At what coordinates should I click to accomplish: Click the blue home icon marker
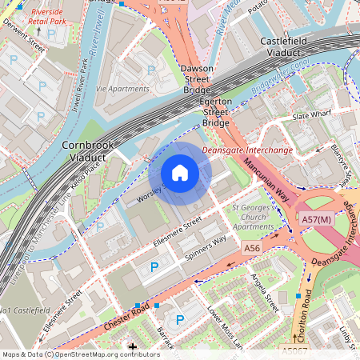pyautogui.click(x=180, y=172)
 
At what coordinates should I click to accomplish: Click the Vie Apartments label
pyautogui.click(x=122, y=88)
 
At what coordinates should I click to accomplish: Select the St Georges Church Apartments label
pyautogui.click(x=253, y=217)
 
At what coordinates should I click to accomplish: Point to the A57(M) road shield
pyautogui.click(x=317, y=219)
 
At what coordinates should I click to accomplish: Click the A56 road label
pyautogui.click(x=253, y=249)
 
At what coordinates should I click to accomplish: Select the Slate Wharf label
pyautogui.click(x=311, y=117)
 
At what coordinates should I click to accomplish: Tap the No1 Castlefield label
pyautogui.click(x=24, y=309)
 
